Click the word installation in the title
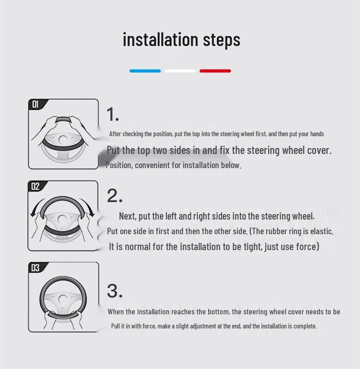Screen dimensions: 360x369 pos(160,40)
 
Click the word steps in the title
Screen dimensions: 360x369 pos(221,41)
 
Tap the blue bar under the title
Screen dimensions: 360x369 pos(145,71)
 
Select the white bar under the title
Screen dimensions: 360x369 pos(180,71)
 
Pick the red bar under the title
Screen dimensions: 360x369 pos(215,71)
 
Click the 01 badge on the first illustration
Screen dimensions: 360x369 pos(36,104)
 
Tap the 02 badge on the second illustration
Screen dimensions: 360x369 pos(36,186)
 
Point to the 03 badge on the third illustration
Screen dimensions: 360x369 pos(36,268)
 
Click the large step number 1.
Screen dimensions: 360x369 pos(113,114)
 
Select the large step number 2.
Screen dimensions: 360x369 pos(114,195)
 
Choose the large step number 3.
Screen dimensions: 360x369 pos(115,291)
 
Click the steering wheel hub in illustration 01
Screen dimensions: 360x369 pos(63,140)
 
